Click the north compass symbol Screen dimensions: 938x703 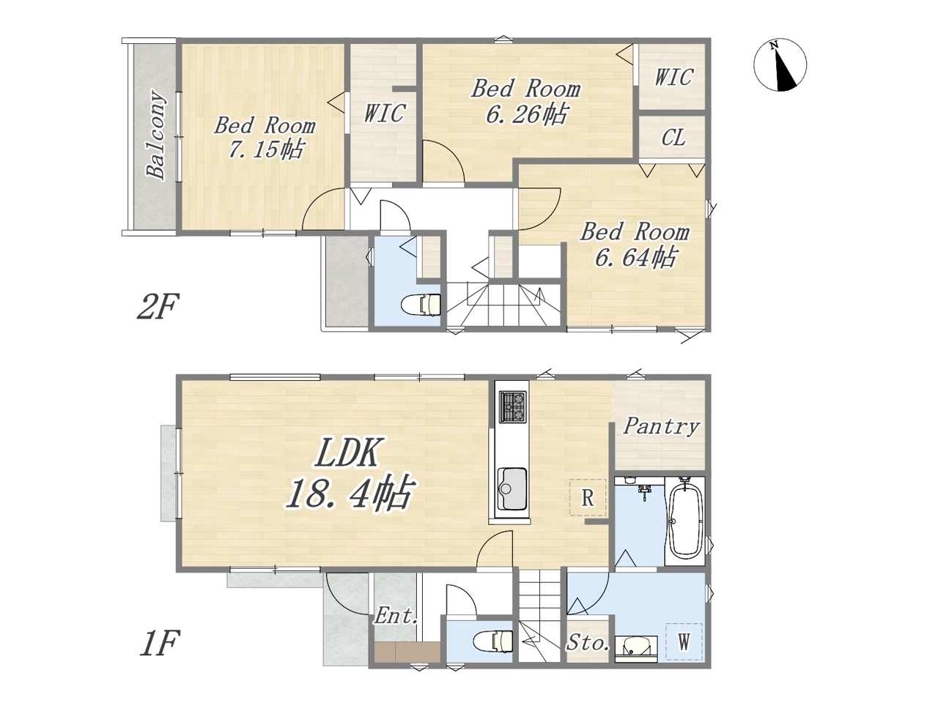pos(780,65)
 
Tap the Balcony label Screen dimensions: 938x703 pos(155,135)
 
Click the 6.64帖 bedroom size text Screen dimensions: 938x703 pos(635,257)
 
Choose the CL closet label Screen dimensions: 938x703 pos(673,138)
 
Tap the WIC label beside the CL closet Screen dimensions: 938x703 pos(673,78)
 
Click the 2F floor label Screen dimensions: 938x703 pos(158,306)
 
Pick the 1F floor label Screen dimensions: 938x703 pos(158,644)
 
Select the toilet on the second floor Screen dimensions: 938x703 pos(421,305)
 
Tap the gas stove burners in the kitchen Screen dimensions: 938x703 pos(513,406)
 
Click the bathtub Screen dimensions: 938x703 pos(686,521)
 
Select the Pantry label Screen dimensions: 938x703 pos(661,427)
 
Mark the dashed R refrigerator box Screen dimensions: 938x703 pos(588,497)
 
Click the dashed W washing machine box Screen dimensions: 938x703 pos(684,641)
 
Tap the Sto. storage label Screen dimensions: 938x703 pos(588,643)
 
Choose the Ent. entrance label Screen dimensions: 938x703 pos(396,616)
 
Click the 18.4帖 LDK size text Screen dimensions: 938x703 pos(350,493)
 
